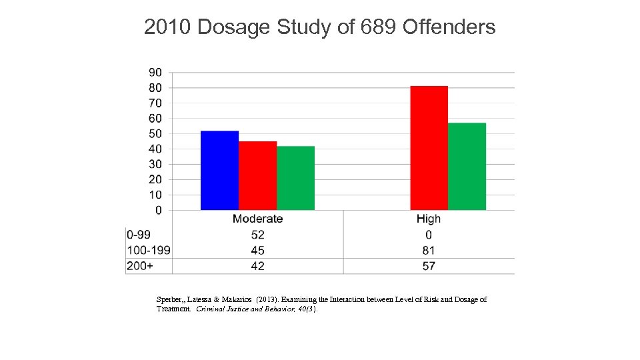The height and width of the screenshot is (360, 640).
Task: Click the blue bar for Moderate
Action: point(219,171)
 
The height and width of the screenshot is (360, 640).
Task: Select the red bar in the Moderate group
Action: point(257,176)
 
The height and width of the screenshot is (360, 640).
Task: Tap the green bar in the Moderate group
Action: point(295,178)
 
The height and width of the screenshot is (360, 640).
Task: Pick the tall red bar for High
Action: point(429,148)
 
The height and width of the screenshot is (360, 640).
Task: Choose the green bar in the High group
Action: point(467,167)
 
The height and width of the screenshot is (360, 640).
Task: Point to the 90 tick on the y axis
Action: point(155,72)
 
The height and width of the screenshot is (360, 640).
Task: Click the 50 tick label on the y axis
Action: point(155,133)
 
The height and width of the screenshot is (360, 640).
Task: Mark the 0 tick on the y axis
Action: point(158,211)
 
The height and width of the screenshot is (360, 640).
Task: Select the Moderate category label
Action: point(257,219)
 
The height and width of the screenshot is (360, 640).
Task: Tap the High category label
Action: point(429,219)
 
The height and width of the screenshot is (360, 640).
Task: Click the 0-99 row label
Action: point(139,235)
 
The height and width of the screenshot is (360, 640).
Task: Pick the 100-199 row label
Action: point(148,251)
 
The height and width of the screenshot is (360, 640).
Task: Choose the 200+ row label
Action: point(139,266)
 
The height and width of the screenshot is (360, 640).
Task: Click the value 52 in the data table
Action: point(257,235)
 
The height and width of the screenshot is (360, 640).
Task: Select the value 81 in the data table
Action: point(429,251)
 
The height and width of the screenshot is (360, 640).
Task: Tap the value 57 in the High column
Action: point(429,266)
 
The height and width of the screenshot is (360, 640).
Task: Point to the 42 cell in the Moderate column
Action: point(257,266)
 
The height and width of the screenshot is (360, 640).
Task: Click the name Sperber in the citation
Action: point(169,300)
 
